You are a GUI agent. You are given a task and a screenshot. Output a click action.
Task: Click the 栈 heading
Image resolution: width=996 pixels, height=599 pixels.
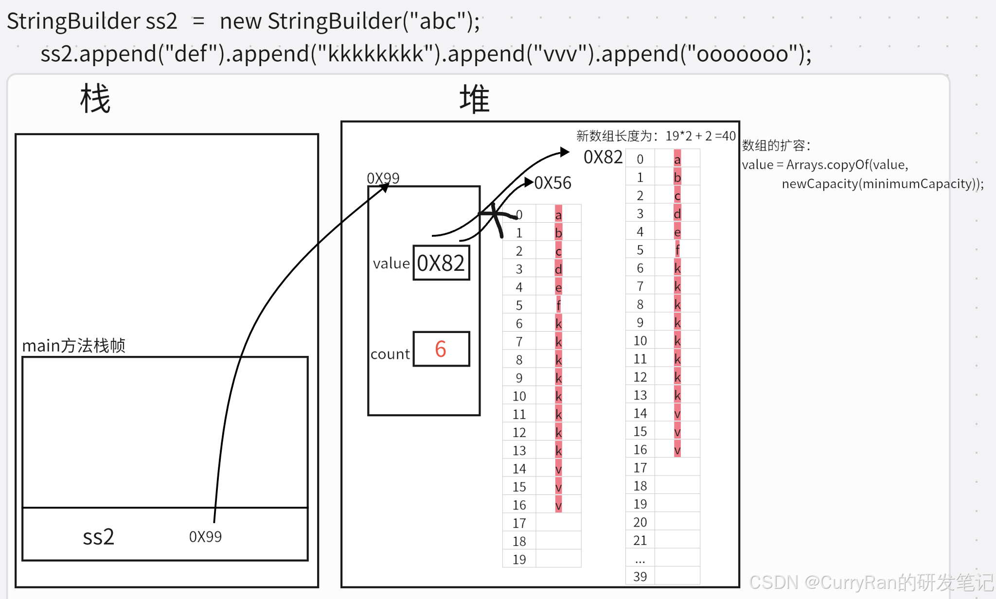95,99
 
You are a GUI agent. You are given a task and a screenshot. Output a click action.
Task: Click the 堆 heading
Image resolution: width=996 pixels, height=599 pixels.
474,99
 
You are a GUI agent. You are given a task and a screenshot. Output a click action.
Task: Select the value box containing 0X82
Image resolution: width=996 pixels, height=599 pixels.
441,263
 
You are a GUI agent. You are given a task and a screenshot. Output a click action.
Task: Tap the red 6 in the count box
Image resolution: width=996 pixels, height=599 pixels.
441,349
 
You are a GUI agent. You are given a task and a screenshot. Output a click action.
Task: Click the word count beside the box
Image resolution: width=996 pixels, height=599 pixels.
390,354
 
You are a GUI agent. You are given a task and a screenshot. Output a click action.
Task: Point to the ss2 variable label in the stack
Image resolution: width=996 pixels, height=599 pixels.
98,537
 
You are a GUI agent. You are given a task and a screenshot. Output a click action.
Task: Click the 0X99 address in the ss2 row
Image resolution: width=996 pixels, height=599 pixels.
205,537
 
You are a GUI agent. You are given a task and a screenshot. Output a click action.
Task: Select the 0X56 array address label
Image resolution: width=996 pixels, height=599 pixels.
553,183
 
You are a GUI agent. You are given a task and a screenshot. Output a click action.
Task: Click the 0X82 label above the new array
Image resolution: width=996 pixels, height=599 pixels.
603,157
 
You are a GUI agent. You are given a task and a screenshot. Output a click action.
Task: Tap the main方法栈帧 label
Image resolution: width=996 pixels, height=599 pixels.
74,346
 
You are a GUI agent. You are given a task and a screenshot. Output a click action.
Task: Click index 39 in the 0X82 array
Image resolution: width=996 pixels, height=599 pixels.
640,577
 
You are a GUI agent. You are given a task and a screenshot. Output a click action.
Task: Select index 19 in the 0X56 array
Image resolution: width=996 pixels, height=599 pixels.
519,559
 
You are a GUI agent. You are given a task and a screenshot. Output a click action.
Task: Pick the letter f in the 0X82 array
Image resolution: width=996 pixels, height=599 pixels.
677,250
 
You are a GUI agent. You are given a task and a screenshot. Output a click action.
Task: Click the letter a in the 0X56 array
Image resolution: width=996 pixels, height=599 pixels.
558,215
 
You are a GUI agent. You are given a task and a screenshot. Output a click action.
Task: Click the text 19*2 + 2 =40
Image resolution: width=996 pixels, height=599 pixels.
700,136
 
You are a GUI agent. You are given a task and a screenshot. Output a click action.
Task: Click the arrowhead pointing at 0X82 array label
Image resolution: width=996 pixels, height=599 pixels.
565,152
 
